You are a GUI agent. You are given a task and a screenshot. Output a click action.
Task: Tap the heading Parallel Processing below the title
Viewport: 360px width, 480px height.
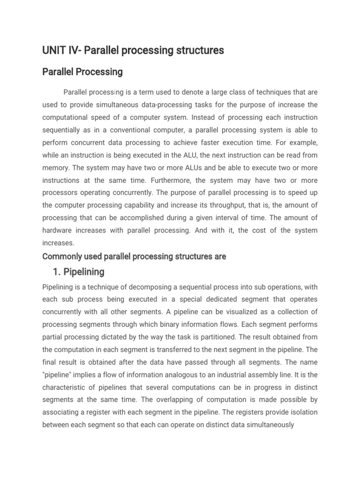click(82, 72)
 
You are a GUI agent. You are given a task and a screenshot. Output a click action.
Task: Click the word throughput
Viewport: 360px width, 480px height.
click(226, 205)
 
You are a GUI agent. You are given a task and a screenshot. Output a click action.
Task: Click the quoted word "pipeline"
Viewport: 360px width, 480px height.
click(59, 375)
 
